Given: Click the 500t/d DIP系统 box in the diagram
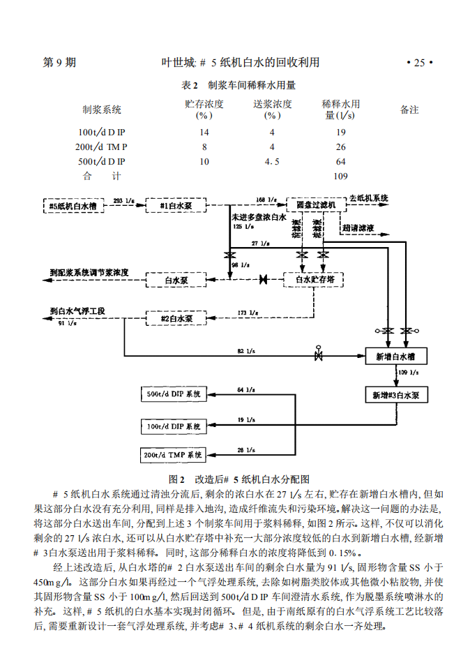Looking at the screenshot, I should [174, 394].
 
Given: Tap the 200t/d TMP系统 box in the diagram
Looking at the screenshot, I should [174, 455].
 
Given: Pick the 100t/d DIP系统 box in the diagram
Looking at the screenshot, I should [174, 425].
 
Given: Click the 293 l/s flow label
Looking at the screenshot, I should [123, 200].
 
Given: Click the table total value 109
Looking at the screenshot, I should [340, 177].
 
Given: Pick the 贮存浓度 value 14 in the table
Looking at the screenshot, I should [204, 132].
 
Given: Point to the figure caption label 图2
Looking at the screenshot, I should [176, 479].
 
